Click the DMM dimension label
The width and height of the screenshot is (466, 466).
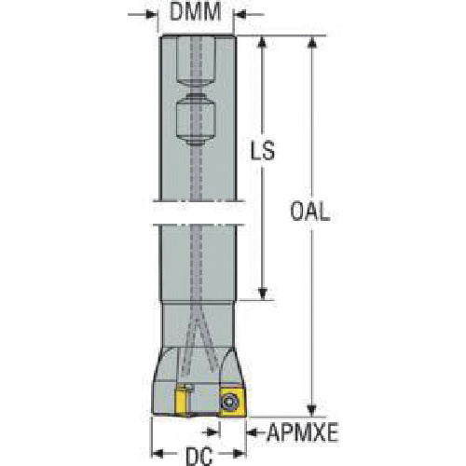pyautogui.click(x=196, y=12)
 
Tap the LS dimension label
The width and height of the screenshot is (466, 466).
pyautogui.click(x=263, y=150)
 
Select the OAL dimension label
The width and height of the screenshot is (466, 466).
pyautogui.click(x=310, y=212)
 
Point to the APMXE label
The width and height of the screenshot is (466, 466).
pyautogui.click(x=303, y=432)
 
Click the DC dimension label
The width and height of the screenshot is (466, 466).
pyautogui.click(x=199, y=456)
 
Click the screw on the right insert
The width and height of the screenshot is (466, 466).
pyautogui.click(x=228, y=402)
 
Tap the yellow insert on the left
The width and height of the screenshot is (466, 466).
pyautogui.click(x=182, y=401)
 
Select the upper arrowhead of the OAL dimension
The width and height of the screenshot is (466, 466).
pyautogui.click(x=312, y=43)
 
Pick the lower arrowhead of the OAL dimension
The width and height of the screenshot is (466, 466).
pyautogui.click(x=312, y=410)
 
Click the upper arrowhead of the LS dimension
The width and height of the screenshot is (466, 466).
pyautogui.click(x=263, y=43)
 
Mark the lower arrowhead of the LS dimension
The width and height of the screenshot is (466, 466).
pyautogui.click(x=263, y=294)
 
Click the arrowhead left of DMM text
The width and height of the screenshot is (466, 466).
pyautogui.click(x=152, y=14)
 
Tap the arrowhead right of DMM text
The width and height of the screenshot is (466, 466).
pyautogui.click(x=240, y=14)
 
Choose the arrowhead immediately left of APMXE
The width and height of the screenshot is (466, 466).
pyautogui.click(x=254, y=432)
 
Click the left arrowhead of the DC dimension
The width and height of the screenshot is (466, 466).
pyautogui.click(x=158, y=453)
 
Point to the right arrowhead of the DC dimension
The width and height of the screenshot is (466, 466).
pyautogui.click(x=240, y=453)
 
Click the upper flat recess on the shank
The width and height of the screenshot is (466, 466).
pyautogui.click(x=196, y=61)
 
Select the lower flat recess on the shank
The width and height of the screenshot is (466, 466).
pyautogui.click(x=196, y=119)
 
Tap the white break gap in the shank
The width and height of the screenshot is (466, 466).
pyautogui.click(x=199, y=212)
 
